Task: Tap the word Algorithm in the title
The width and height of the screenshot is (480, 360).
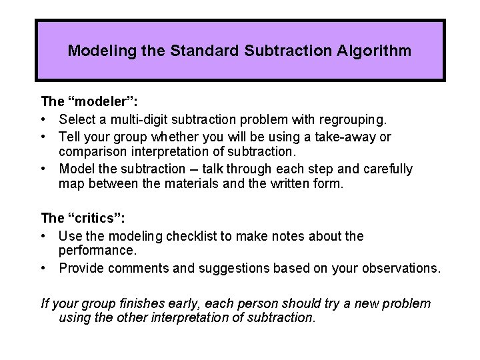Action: pyautogui.click(x=377, y=51)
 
